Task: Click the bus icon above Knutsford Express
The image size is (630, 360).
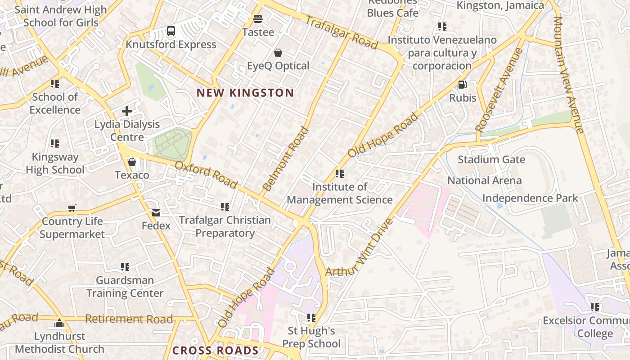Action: click(x=171, y=31)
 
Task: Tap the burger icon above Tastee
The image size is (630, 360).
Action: click(x=258, y=19)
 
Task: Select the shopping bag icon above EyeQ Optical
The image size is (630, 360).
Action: click(x=278, y=53)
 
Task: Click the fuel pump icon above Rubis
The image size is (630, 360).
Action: click(x=462, y=85)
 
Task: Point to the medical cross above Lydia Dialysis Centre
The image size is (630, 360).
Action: click(x=127, y=111)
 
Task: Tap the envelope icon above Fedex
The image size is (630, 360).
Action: click(x=156, y=212)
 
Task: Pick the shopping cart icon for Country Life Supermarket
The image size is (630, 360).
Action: click(x=72, y=208)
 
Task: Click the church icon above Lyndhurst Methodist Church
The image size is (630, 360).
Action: click(x=59, y=323)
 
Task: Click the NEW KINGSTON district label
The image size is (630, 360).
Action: click(x=245, y=93)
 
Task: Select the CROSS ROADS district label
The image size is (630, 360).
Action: click(x=216, y=351)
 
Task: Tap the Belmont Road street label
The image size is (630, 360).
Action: click(x=286, y=159)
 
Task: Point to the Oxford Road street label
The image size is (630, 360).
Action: click(x=206, y=175)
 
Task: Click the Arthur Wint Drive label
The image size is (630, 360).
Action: click(x=359, y=248)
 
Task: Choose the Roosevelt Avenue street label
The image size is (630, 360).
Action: click(x=499, y=90)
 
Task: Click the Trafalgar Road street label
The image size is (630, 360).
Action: click(x=342, y=32)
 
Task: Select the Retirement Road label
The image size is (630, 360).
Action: click(x=129, y=319)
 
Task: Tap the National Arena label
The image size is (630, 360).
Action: click(x=484, y=180)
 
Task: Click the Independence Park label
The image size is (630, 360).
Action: click(x=530, y=198)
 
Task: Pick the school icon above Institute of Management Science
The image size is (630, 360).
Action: click(x=340, y=173)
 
